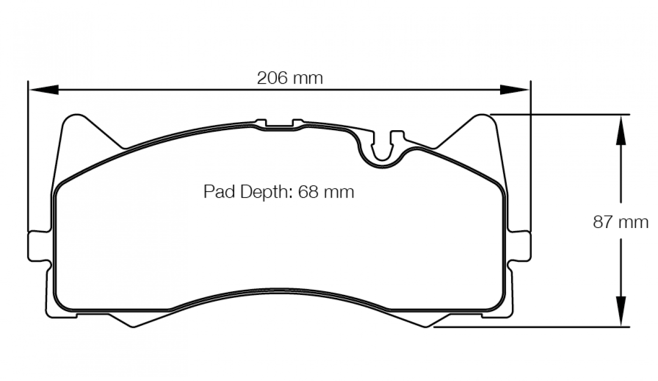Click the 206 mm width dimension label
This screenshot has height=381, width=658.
coord(290,78)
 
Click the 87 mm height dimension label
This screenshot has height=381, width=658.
coord(620,222)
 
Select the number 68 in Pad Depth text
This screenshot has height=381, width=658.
coord(309,192)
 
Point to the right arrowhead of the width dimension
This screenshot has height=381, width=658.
coord(515,90)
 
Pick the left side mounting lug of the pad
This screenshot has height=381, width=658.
coord(38,247)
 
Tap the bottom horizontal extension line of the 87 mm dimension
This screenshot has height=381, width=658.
coord(531,327)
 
